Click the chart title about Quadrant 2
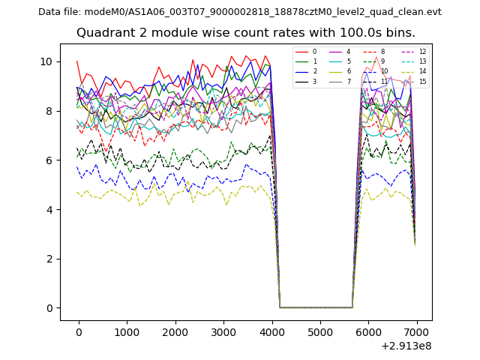246,33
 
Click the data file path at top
240,12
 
